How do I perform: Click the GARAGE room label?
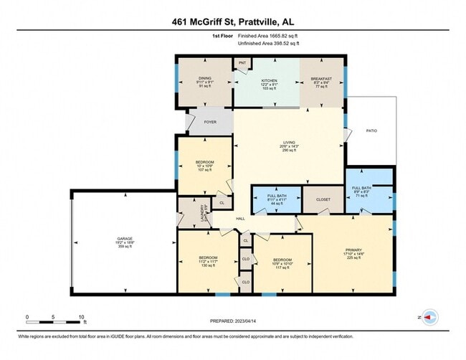(125, 238)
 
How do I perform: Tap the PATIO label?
(371, 131)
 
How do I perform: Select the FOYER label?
(210, 123)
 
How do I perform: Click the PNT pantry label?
(242, 64)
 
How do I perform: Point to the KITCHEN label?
(269, 80)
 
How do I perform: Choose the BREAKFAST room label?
(320, 80)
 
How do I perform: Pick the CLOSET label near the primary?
(323, 199)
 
